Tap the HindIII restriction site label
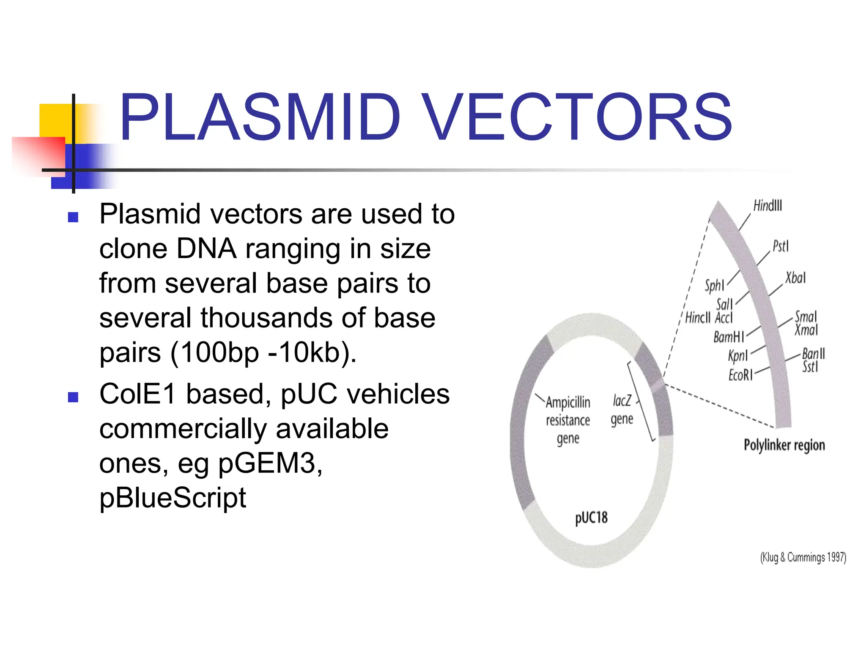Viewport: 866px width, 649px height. point(767,206)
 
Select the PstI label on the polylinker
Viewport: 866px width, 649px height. point(781,246)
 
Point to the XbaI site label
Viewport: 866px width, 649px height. point(795,278)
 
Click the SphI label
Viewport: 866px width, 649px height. point(714,286)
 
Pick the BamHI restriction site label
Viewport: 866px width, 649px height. point(728,337)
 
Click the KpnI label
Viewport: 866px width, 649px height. point(737,356)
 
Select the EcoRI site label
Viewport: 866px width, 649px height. point(740,375)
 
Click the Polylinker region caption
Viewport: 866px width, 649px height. point(784,445)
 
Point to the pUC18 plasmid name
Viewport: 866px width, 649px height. point(591,518)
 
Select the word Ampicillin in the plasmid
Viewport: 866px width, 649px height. point(567,402)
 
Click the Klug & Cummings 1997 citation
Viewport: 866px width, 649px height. point(803,557)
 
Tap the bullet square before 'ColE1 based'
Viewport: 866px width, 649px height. point(73,397)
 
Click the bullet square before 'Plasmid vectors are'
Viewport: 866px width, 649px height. point(73,217)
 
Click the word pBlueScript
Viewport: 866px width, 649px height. point(173,498)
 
